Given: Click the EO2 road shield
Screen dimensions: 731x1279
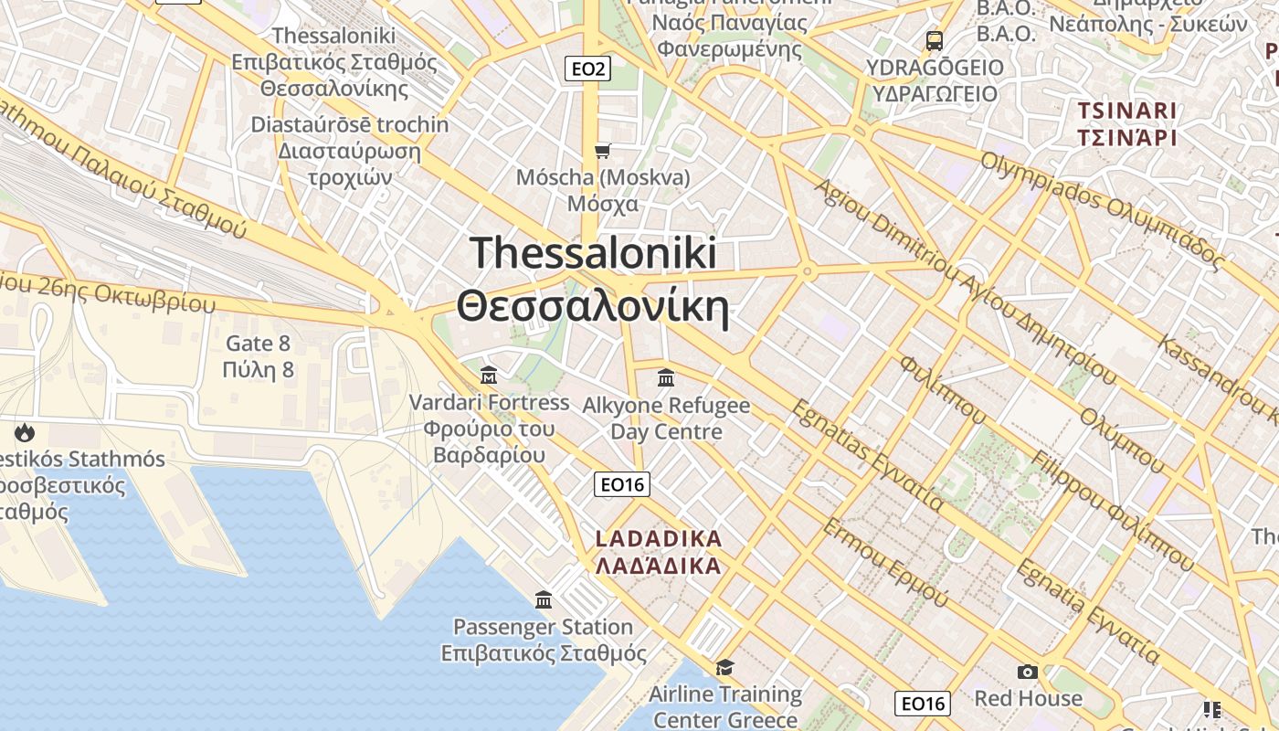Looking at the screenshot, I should point(587,69).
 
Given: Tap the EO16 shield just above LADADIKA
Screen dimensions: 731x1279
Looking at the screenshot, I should point(621,484).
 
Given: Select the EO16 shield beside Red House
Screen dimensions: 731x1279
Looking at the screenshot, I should point(922,703).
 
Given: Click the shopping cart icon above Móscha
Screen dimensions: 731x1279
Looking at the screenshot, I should point(602,151).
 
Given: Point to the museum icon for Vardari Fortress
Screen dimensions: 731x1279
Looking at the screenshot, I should point(489,375).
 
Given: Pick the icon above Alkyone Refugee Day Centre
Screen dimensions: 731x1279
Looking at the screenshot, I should point(666,377).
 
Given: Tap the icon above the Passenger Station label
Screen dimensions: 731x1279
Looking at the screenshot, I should point(544,599).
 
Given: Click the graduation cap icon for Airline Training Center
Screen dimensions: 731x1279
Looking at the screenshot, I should point(724,667).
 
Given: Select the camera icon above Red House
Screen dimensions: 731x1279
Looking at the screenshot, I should point(1028,673).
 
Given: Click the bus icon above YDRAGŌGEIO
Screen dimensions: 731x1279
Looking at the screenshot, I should point(934,40).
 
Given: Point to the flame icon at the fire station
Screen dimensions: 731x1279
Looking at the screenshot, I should point(24,431).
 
